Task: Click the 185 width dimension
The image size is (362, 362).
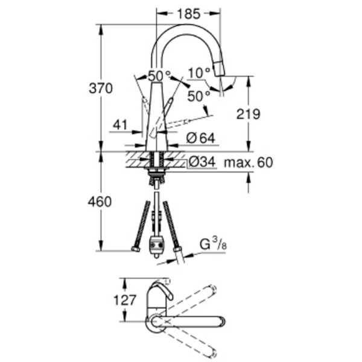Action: [x=188, y=14]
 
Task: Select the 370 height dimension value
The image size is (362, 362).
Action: [x=101, y=88]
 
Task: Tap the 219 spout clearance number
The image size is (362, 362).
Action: [x=248, y=114]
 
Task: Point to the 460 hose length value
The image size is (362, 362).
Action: [x=100, y=202]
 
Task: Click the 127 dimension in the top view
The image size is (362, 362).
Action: [x=125, y=300]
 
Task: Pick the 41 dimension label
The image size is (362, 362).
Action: [x=120, y=125]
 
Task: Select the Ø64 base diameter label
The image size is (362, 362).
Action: [x=201, y=138]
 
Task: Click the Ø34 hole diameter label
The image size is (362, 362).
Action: [x=202, y=162]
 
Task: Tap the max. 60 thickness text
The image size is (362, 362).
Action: [x=249, y=162]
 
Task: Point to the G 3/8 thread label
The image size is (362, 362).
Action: [x=213, y=244]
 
